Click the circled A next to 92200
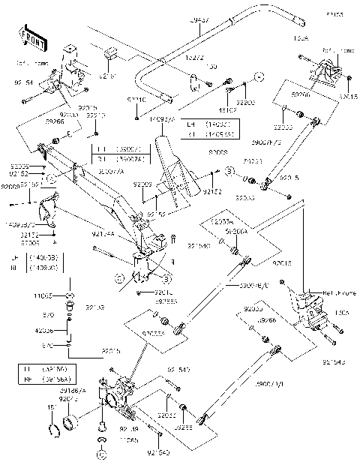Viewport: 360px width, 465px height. pyautogui.click(x=257, y=77)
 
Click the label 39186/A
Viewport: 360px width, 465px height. pyautogui.click(x=73, y=391)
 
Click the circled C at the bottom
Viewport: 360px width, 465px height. pyautogui.click(x=100, y=454)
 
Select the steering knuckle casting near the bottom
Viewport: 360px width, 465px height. pyautogui.click(x=120, y=394)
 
